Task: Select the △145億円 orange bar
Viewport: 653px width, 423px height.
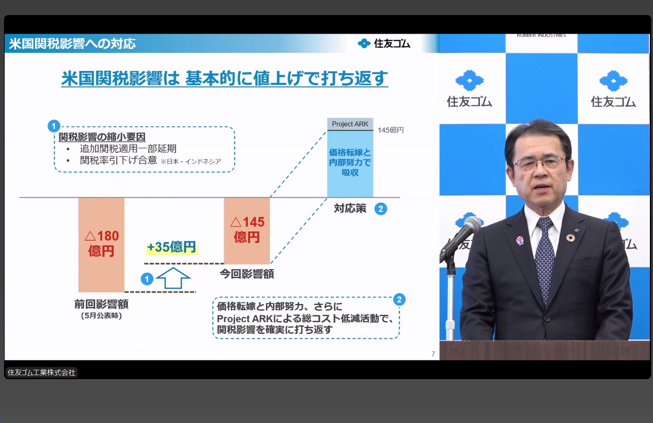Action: pos(247,230)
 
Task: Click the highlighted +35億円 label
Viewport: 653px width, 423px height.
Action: pos(172,247)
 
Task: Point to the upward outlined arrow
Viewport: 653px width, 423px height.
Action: pos(173,278)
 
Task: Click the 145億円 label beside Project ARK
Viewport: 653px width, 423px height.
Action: pos(391,130)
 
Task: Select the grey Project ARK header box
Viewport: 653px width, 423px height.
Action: pos(350,124)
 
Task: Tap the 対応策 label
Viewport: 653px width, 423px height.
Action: pos(350,208)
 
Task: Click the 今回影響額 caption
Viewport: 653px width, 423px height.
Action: pos(247,274)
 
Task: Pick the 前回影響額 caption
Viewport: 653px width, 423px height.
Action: pos(102,304)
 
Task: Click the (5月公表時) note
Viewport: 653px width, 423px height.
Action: pos(102,316)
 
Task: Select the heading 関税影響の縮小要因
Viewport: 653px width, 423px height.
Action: pos(102,137)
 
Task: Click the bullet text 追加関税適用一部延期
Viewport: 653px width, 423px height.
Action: pos(128,149)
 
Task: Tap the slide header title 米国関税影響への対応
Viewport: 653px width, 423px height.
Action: pos(72,43)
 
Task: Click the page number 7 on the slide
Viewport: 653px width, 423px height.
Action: pos(433,354)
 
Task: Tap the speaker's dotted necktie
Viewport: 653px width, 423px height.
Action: pos(544,257)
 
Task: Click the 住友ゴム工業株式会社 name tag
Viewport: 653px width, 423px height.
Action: pos(41,372)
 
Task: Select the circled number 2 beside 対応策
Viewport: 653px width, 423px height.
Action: pos(380,209)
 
